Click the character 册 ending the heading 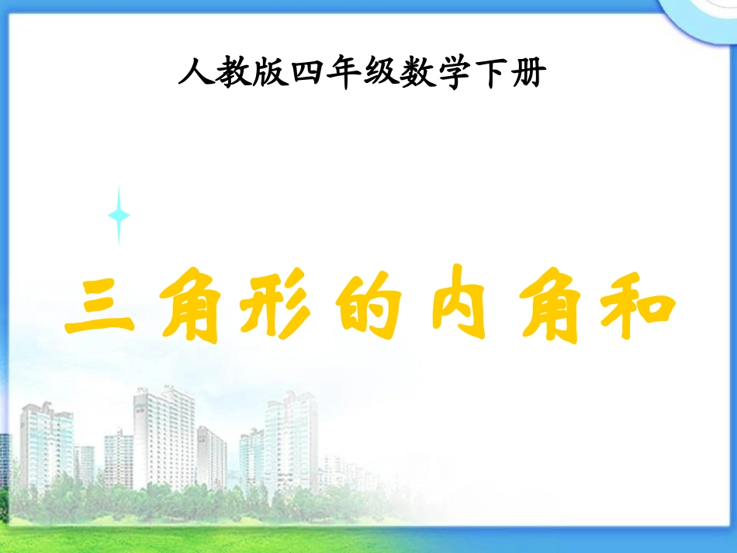tap(538, 75)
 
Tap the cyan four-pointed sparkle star tap(119, 215)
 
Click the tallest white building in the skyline tap(164, 438)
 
